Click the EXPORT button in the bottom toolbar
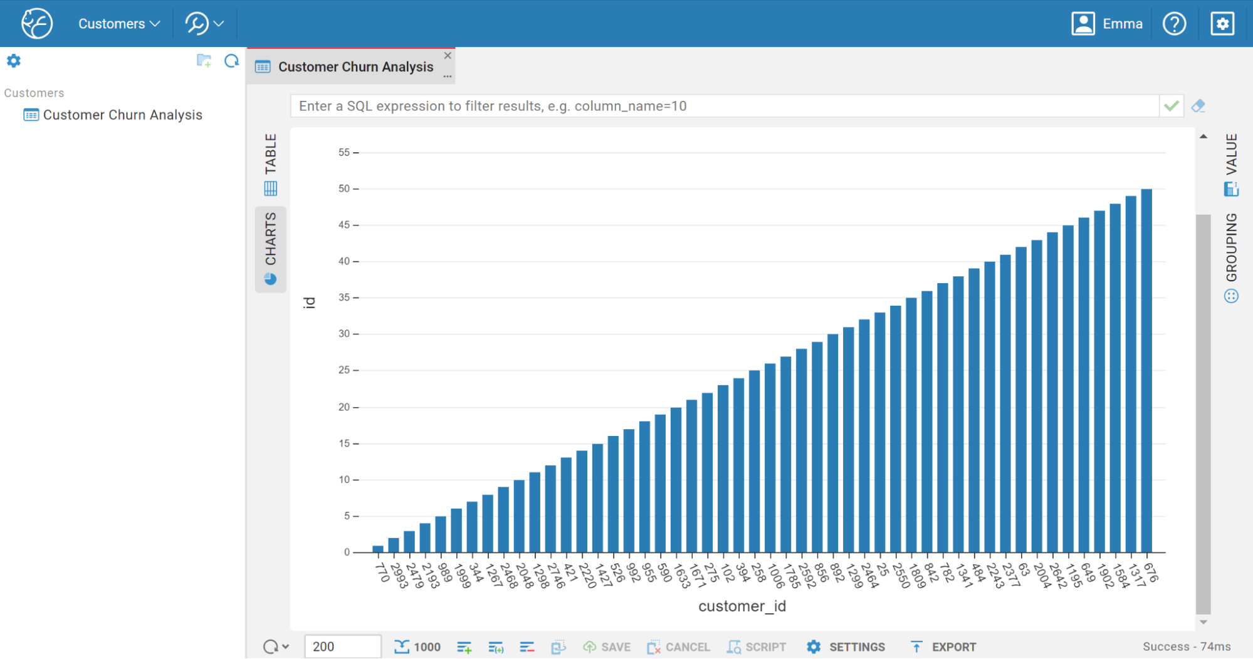943,646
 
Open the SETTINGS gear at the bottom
846,646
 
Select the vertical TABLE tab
270,163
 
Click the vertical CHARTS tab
270,248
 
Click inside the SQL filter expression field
721,106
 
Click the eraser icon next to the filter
1198,106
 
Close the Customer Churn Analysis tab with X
448,55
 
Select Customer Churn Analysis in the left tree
122,115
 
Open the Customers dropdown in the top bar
118,24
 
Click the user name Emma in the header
1122,24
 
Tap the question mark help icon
1174,24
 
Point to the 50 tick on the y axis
344,189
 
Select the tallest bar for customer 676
1146,370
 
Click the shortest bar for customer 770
378,549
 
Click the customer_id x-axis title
742,606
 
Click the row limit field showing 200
342,646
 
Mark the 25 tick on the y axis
344,370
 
